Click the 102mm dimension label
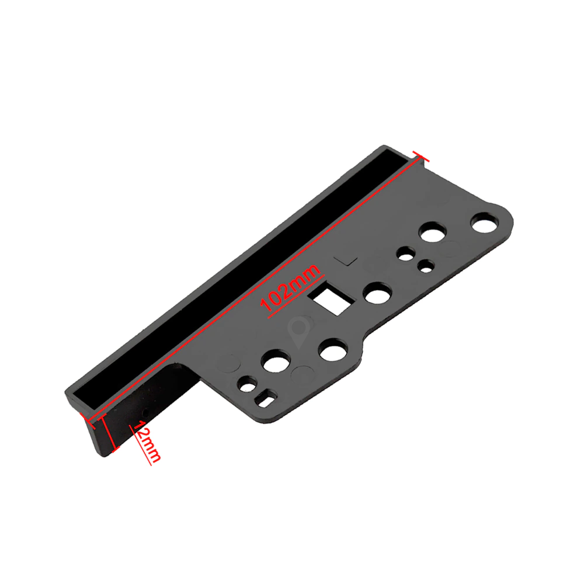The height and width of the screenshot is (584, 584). (290, 288)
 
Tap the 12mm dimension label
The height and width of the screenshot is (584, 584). (148, 442)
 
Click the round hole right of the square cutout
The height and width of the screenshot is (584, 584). (378, 293)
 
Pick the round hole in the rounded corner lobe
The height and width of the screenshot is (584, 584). (484, 223)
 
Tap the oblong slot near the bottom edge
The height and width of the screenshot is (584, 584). (265, 398)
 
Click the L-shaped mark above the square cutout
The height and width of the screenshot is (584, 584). (346, 260)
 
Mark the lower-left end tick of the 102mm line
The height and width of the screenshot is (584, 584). (87, 420)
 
